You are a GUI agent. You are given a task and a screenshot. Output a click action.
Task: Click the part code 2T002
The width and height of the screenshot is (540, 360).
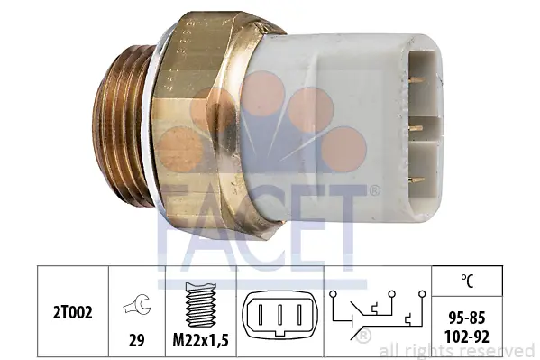[x=73, y=313]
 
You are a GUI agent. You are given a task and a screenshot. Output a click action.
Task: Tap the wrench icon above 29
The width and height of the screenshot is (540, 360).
[x=136, y=304]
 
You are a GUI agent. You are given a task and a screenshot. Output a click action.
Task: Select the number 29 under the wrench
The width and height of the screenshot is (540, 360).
[x=136, y=340]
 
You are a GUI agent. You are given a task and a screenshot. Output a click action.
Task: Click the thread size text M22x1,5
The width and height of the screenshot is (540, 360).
[x=200, y=341]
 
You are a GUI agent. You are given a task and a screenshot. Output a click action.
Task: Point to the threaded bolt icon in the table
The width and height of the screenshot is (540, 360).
[x=200, y=305]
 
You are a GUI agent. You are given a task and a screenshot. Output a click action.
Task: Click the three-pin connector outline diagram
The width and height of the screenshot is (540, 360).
[x=279, y=315]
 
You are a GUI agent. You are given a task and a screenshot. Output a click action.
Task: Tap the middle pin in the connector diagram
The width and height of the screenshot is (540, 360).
[x=280, y=315]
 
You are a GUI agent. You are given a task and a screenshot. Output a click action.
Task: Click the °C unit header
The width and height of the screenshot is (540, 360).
[x=467, y=281]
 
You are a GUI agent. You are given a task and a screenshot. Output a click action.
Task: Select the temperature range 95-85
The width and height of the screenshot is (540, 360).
[x=467, y=318]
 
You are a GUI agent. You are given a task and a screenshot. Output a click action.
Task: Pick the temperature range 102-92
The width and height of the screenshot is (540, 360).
[x=467, y=337]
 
